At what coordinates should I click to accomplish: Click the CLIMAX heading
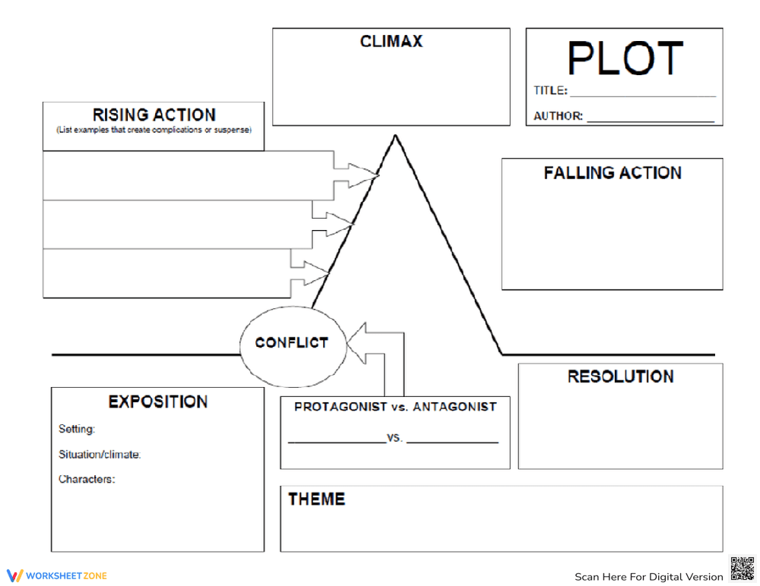(x=391, y=41)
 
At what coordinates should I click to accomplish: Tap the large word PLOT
(x=625, y=58)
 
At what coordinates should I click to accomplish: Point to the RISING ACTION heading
(x=154, y=115)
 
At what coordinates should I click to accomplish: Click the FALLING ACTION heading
(x=613, y=173)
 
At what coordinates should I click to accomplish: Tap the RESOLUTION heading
(x=620, y=376)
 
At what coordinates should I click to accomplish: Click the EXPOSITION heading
(x=157, y=402)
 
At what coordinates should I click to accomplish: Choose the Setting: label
(x=77, y=430)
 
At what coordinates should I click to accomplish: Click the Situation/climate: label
(x=100, y=455)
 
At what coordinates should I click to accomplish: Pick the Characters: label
(x=87, y=480)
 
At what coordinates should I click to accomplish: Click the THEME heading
(x=316, y=499)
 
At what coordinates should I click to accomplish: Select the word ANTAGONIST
(x=454, y=407)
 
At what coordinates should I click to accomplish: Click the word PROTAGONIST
(x=341, y=407)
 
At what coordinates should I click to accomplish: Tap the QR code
(x=743, y=569)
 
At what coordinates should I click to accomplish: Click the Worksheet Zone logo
(x=56, y=575)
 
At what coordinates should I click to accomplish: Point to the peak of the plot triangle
(x=395, y=137)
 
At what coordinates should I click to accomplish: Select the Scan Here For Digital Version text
(x=648, y=577)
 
